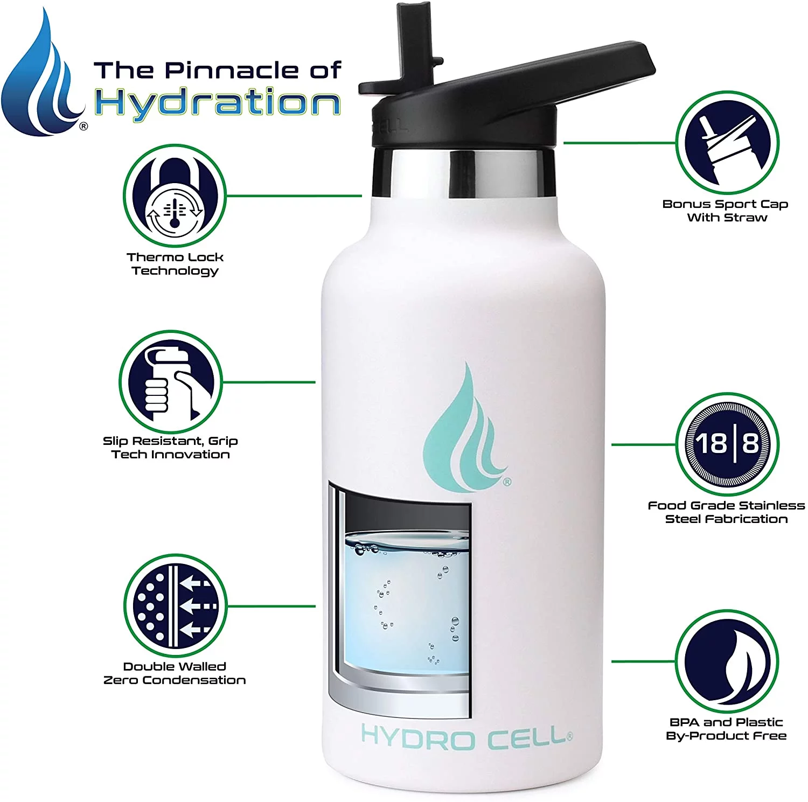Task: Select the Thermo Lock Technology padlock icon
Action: tap(174, 196)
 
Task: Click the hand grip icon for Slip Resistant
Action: tap(170, 382)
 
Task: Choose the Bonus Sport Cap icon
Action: tap(727, 143)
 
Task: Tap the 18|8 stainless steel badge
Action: tap(727, 444)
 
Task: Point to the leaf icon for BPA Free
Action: tap(727, 661)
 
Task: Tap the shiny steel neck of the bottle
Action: tap(463, 172)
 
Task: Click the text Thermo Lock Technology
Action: tap(175, 264)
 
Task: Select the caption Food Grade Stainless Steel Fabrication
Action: tap(726, 512)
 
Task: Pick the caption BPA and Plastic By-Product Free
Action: tap(726, 729)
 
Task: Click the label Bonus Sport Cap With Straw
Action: tap(726, 211)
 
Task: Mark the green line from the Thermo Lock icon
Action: tap(294, 196)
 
